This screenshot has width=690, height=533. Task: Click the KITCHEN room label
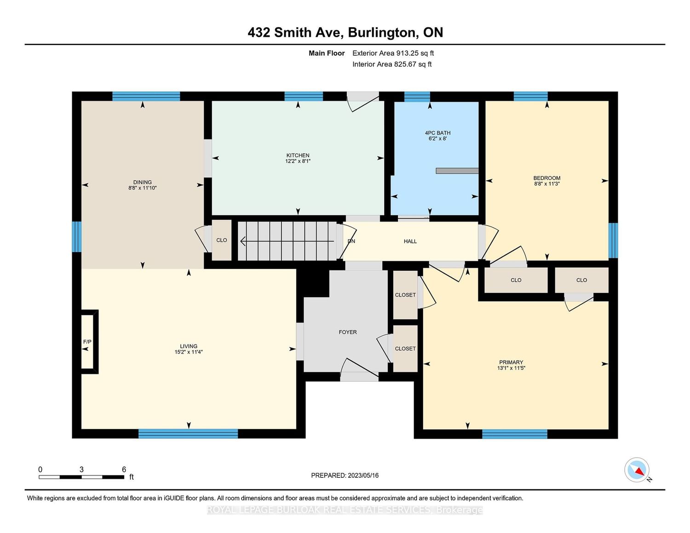[298, 155]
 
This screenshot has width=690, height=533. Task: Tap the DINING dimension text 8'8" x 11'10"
[142, 188]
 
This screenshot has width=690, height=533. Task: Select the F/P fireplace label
[87, 342]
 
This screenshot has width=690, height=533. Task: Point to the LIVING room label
[188, 346]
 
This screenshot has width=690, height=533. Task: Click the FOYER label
[348, 332]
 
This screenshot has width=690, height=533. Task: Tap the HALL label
[410, 241]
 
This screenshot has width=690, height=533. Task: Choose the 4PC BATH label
[437, 133]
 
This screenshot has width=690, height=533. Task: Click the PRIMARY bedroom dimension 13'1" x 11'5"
[511, 368]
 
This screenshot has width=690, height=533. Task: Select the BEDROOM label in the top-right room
[546, 178]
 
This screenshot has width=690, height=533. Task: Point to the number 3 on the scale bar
[81, 470]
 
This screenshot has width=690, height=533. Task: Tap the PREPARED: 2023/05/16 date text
[345, 475]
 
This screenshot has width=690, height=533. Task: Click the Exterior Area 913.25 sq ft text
[393, 53]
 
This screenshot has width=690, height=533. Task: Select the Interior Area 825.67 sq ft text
[392, 64]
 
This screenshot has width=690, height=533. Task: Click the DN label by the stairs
[351, 241]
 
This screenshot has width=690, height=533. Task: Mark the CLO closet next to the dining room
[221, 240]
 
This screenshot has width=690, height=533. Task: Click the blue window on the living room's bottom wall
[188, 434]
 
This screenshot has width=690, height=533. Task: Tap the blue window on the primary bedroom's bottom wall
[514, 434]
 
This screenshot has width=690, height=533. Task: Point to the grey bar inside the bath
[457, 171]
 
